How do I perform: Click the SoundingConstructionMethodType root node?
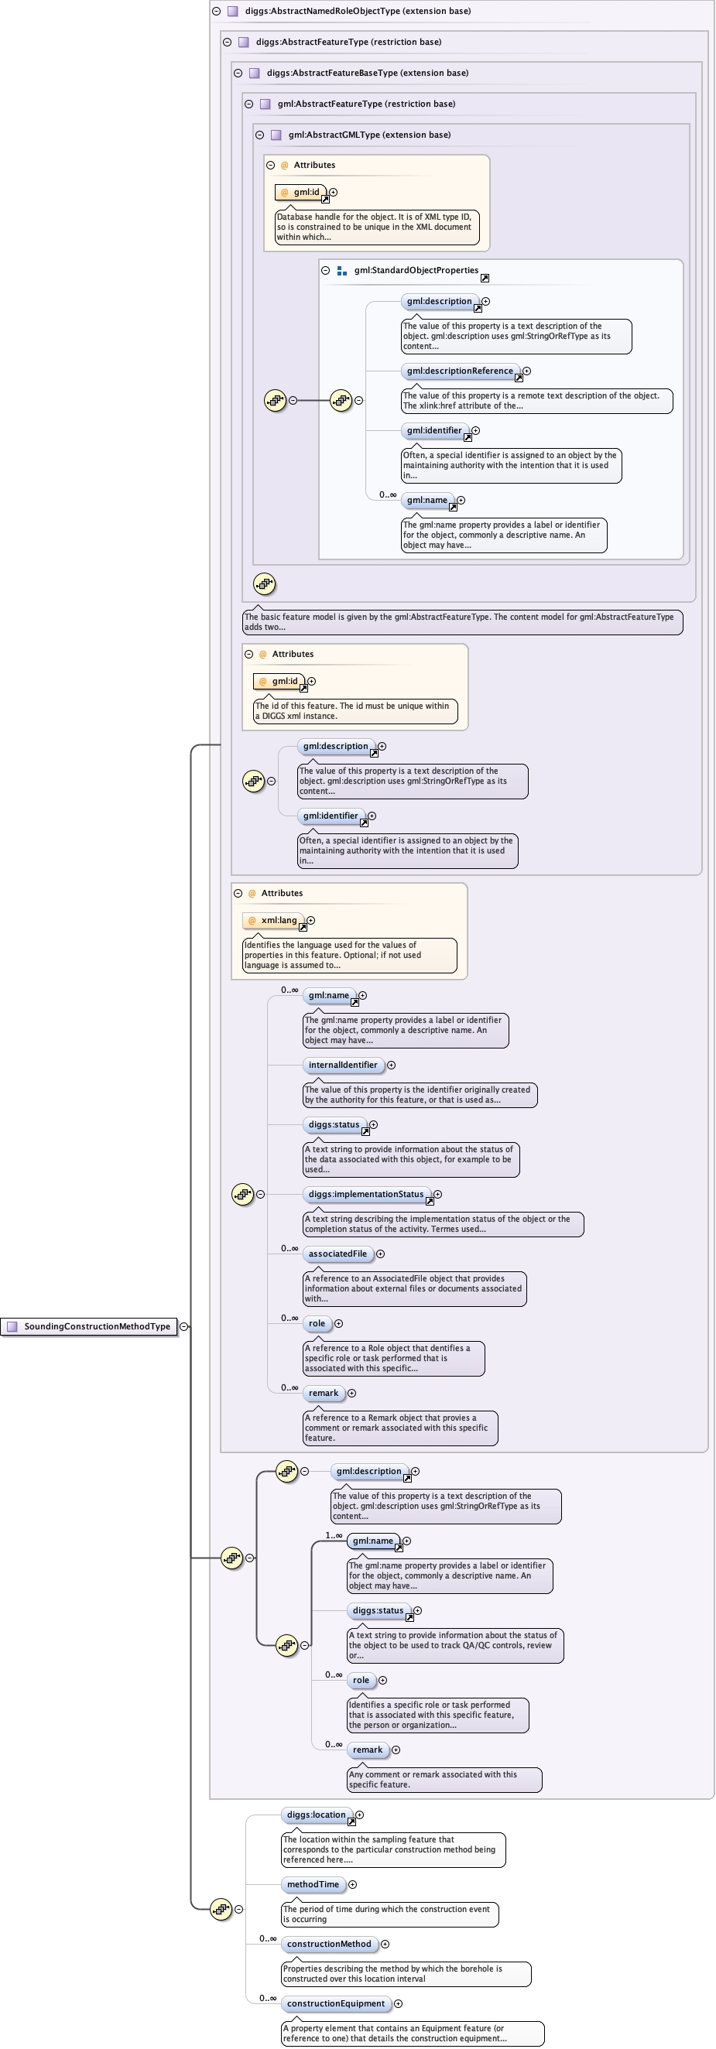[x=89, y=1326]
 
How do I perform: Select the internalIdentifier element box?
[x=343, y=1065]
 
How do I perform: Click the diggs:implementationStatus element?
[x=365, y=1194]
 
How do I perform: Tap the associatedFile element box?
[x=337, y=1254]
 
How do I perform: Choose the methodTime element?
[x=313, y=1884]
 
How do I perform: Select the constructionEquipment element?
[x=336, y=2003]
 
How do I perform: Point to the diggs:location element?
[x=316, y=1815]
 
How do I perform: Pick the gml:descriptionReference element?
[x=459, y=371]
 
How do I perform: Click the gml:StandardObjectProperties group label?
[x=416, y=271]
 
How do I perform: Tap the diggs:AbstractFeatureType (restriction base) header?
[x=348, y=42]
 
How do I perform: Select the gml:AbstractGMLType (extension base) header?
[x=369, y=135]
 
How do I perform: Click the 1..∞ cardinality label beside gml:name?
[x=334, y=1535]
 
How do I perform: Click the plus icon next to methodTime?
[x=352, y=1884]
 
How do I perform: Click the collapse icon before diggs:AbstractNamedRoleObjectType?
[x=216, y=11]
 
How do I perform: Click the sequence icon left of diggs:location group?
[x=221, y=1909]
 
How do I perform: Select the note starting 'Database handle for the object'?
[x=374, y=227]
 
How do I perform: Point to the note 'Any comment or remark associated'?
[x=443, y=1780]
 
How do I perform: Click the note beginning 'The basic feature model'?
[x=461, y=622]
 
